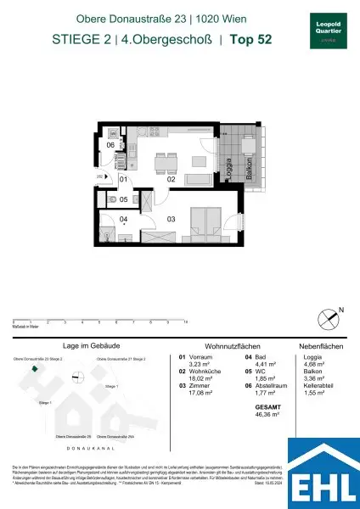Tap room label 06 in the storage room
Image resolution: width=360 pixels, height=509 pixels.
tap(110, 145)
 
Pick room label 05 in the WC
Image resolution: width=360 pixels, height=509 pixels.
tap(123, 199)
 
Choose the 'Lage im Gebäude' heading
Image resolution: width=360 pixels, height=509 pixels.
tap(82, 347)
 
